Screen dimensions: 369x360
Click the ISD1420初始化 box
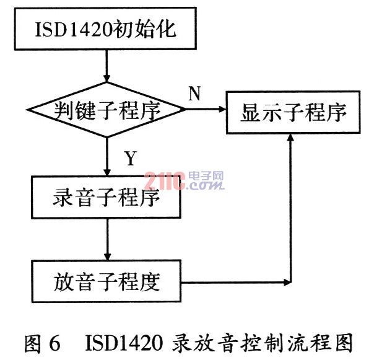tap(105, 29)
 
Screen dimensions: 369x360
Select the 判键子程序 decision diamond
tap(106, 110)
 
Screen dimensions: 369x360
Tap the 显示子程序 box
tap(293, 112)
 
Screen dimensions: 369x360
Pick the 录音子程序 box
tap(106, 197)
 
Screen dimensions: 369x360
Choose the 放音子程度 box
tap(106, 281)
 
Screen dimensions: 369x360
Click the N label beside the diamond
tap(194, 93)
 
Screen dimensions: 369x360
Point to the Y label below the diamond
tap(131, 158)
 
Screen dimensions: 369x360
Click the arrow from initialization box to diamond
tap(106, 66)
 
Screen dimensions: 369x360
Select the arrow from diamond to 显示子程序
tap(206, 109)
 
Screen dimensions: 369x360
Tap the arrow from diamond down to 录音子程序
tap(107, 157)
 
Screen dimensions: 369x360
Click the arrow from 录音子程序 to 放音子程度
tap(107, 239)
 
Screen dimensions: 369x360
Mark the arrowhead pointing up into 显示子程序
tap(291, 138)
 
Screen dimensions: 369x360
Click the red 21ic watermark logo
tap(165, 181)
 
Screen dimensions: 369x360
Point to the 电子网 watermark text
tap(206, 176)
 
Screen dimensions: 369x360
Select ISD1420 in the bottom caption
tap(124, 343)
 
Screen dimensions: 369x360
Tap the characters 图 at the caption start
tap(33, 343)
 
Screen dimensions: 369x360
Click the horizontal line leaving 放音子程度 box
tap(236, 282)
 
